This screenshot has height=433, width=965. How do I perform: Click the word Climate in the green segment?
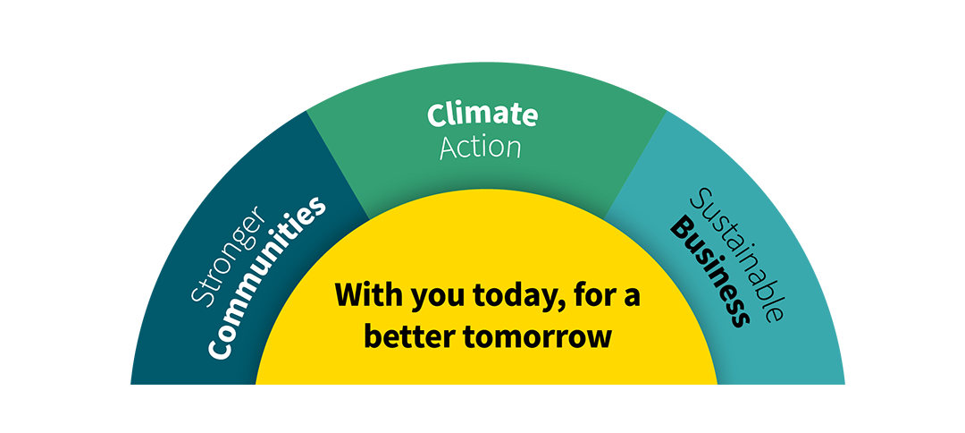[482, 115]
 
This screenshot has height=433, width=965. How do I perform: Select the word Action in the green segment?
[481, 147]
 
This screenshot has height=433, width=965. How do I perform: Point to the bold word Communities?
[266, 277]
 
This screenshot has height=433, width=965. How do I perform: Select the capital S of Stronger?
[201, 294]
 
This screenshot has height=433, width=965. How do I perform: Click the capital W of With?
[350, 295]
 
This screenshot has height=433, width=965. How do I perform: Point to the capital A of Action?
[449, 148]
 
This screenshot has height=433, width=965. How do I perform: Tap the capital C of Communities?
[219, 349]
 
